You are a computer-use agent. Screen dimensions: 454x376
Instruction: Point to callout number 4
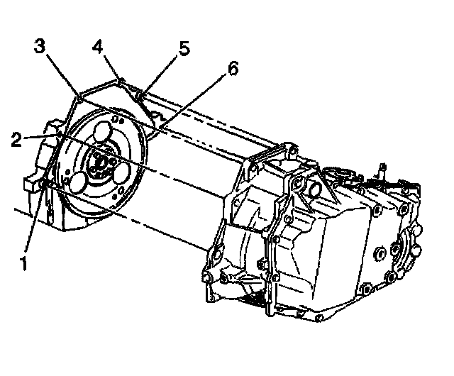99,48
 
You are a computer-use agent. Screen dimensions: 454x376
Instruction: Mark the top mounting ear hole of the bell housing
289,151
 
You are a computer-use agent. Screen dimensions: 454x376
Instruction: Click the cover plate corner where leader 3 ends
76,96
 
